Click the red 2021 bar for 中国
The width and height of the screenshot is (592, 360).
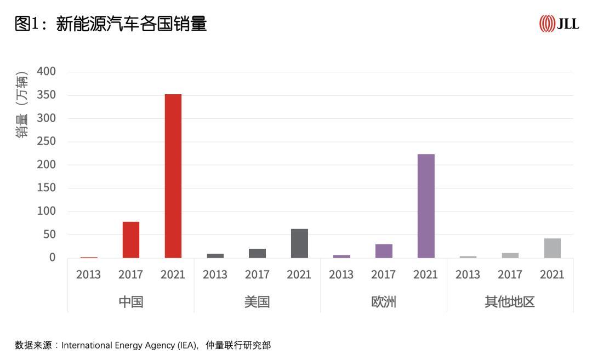(x=173, y=176)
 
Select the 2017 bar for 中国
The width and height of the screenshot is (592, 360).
(x=131, y=240)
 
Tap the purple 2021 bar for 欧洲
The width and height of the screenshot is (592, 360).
(x=426, y=206)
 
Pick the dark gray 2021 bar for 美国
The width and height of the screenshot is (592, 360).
(x=299, y=243)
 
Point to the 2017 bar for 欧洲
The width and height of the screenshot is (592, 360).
(x=384, y=251)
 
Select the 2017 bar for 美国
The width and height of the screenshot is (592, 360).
(x=257, y=253)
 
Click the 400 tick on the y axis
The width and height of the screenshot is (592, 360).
(x=46, y=72)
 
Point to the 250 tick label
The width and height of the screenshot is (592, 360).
(x=46, y=141)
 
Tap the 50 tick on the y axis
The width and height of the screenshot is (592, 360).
(x=49, y=235)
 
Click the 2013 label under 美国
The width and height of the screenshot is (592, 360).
(x=215, y=275)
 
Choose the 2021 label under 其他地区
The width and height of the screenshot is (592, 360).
(x=552, y=275)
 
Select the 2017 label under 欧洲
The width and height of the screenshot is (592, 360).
(x=384, y=275)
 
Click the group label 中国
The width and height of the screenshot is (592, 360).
(x=131, y=302)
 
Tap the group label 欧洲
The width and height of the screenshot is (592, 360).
(x=384, y=302)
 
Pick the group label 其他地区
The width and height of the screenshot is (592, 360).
(x=510, y=302)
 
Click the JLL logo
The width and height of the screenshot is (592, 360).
(x=559, y=24)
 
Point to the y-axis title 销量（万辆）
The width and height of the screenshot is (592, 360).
(x=22, y=104)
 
